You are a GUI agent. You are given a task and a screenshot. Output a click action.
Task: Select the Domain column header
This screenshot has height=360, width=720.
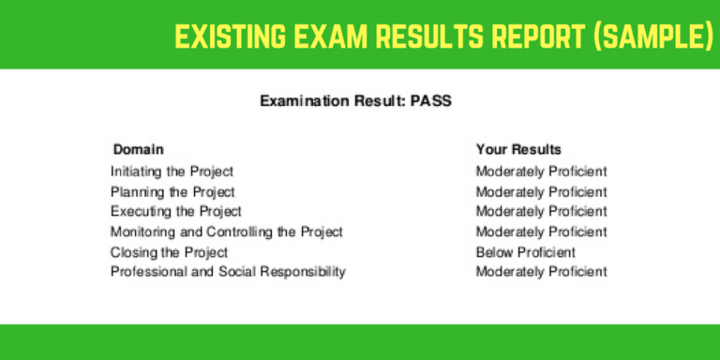pyautogui.click(x=138, y=149)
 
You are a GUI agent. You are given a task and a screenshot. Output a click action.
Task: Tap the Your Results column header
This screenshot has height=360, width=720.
pyautogui.click(x=518, y=149)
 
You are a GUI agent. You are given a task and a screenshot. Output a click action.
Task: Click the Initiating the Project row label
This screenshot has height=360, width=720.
pyautogui.click(x=172, y=172)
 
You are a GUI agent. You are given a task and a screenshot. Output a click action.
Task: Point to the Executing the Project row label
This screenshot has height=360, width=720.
pyautogui.click(x=175, y=212)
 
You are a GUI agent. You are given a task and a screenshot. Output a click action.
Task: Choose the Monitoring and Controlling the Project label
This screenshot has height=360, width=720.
pyautogui.click(x=227, y=232)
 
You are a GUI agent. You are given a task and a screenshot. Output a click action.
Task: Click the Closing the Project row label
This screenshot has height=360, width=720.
pyautogui.click(x=169, y=252)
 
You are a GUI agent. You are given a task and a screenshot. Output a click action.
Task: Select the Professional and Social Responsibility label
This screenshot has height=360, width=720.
pyautogui.click(x=228, y=272)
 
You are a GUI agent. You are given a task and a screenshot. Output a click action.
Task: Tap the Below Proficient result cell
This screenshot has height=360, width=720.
pyautogui.click(x=525, y=252)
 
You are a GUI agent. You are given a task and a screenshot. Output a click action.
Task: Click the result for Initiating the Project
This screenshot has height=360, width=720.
pyautogui.click(x=541, y=172)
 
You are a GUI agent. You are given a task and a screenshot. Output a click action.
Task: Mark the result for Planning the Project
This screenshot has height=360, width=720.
pyautogui.click(x=541, y=192)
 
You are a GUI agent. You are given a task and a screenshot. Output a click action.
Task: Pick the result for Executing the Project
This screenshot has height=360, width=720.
pyautogui.click(x=541, y=212)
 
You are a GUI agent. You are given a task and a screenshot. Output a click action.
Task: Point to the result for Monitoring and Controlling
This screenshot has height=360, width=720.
pyautogui.click(x=541, y=232)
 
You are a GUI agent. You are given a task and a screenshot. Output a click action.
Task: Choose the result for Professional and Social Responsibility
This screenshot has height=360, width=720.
pyautogui.click(x=541, y=272)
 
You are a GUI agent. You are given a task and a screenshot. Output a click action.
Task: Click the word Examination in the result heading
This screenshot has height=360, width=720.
pyautogui.click(x=304, y=101)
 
